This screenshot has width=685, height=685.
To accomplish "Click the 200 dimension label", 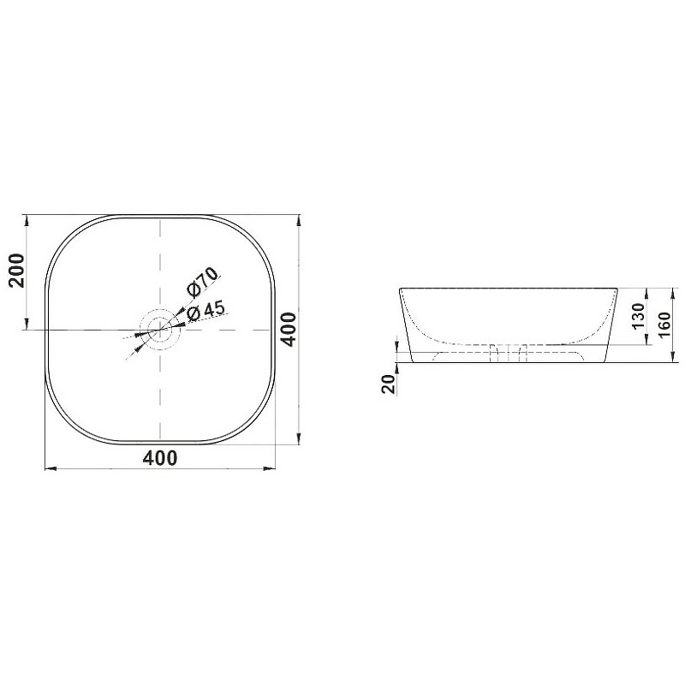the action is point(17,271).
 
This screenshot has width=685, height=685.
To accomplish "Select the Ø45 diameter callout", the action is point(205,311).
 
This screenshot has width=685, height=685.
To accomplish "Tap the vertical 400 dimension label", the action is point(288,329).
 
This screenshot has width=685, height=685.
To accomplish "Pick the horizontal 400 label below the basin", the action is point(160,458).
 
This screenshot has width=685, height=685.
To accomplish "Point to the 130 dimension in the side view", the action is point(638,316).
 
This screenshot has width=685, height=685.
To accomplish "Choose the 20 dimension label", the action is point(389,384).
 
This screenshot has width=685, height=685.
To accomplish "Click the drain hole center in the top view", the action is point(160,330).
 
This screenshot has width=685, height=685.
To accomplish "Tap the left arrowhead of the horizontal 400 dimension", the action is point(51,468).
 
